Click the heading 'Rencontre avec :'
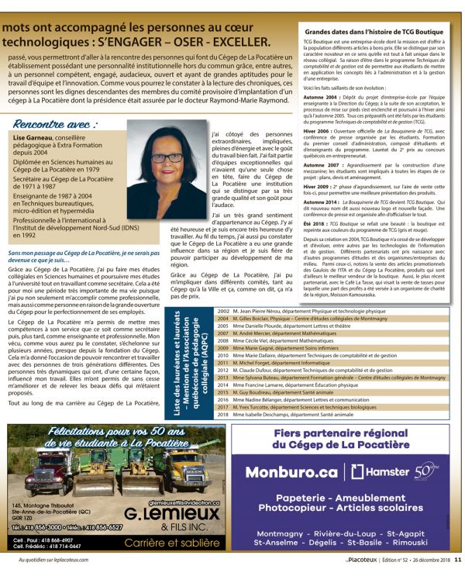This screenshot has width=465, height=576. (57, 123)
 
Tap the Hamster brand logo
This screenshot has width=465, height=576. (379, 471)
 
